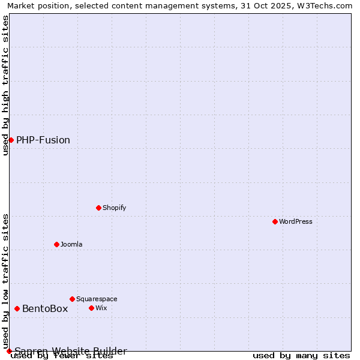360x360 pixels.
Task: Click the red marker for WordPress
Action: coord(275,221)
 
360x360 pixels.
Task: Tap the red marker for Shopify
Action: coord(98,208)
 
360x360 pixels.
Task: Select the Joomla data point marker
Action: coord(56,244)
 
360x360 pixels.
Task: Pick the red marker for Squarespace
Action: coord(72,299)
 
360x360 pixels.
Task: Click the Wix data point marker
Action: coord(91,308)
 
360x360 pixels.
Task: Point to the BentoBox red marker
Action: coord(17,308)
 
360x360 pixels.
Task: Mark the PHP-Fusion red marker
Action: coord(11,140)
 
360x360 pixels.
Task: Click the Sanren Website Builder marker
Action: coord(9,351)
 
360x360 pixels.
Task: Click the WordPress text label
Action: coord(296,221)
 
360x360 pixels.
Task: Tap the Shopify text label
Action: coord(114,208)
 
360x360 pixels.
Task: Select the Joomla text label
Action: coord(71,244)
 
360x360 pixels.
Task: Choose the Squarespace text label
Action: coord(97,299)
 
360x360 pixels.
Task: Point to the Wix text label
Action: coord(101,308)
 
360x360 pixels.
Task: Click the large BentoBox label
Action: coord(45,308)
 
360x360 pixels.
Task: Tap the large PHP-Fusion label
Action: coord(43,140)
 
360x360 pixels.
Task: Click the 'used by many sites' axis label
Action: coord(301,355)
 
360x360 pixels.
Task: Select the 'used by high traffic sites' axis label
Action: coord(5,85)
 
